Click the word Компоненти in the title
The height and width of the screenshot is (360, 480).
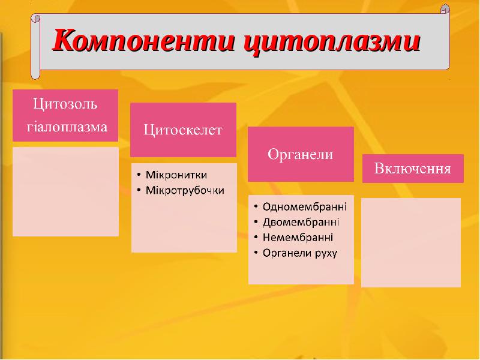(x=144, y=40)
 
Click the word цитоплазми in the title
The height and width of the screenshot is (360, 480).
(x=332, y=42)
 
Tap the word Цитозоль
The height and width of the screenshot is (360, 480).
(x=65, y=104)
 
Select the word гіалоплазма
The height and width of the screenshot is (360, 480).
(x=67, y=127)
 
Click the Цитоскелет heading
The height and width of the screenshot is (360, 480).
(x=183, y=130)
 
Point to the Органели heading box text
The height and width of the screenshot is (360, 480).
(x=301, y=154)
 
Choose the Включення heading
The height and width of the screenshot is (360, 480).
(x=413, y=169)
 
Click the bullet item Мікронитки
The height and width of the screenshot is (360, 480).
(x=176, y=175)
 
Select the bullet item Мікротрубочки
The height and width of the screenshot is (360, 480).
(x=185, y=190)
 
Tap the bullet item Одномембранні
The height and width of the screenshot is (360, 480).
(x=304, y=207)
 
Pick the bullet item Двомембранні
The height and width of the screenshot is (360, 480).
(x=301, y=222)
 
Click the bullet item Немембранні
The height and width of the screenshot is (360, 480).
(x=298, y=238)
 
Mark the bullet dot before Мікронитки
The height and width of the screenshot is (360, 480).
(x=139, y=175)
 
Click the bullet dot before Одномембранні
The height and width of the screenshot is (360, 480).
(x=256, y=207)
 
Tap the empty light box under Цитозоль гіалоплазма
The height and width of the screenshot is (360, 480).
(x=65, y=191)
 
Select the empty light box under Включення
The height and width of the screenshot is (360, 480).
(x=411, y=242)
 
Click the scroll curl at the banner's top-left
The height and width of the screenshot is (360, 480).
(x=36, y=19)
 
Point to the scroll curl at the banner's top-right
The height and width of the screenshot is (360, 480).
(x=445, y=9)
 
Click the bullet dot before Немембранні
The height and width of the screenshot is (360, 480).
(x=256, y=238)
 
